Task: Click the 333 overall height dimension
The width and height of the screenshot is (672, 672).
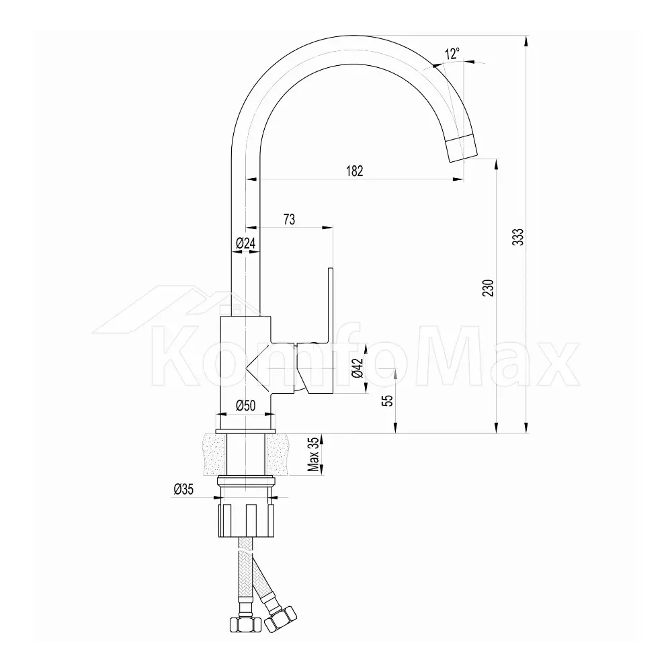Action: coord(519,237)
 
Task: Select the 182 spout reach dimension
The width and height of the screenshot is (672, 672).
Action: coord(354,171)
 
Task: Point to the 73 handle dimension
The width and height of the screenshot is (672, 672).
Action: coord(289,220)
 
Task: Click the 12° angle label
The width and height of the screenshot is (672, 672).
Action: coord(452,54)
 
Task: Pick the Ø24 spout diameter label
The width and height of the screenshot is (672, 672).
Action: coord(245,243)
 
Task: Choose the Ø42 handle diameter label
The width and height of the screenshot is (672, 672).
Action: coord(358,368)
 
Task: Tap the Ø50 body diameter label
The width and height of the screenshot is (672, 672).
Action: coord(245,405)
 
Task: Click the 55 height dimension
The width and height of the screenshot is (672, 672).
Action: coord(388,401)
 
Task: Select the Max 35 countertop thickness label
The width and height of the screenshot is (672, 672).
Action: coord(314,454)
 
